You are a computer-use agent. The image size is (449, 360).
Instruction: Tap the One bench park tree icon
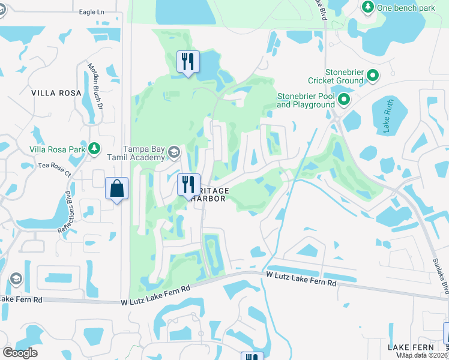(x=367, y=7)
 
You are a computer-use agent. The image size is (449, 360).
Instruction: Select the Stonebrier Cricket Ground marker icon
(x=373, y=76)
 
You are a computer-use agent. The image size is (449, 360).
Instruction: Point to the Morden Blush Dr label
(x=96, y=86)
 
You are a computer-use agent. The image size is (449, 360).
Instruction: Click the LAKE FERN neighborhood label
(x=411, y=347)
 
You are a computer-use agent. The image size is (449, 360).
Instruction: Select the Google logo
(x=20, y=353)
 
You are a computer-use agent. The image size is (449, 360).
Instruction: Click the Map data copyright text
(x=424, y=355)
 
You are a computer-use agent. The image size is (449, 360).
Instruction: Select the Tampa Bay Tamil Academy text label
(x=144, y=153)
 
